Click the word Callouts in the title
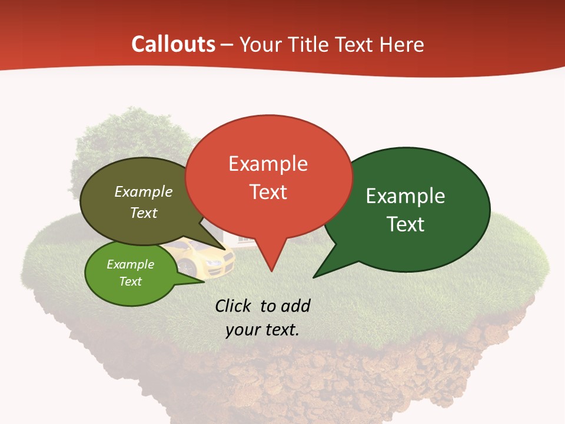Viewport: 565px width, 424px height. tap(173, 44)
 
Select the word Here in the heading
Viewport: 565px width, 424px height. tap(401, 45)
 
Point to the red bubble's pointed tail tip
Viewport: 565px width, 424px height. tap(271, 271)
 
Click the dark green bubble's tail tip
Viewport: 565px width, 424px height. tap(314, 277)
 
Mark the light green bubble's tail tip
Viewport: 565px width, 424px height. tap(204, 281)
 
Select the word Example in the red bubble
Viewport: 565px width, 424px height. tap(268, 164)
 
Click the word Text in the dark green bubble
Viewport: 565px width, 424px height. tap(406, 224)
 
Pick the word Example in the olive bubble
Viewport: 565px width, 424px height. tap(144, 191)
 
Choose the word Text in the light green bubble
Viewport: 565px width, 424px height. tap(131, 281)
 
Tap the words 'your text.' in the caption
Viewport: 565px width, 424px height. tap(262, 329)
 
